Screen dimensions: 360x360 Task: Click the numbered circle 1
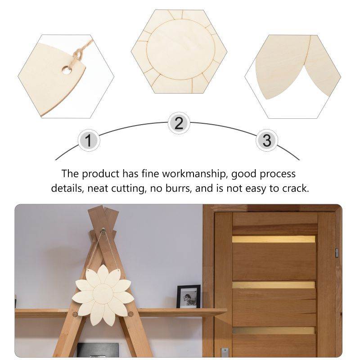[x=89, y=140]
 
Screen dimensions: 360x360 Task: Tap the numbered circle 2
[x=179, y=123]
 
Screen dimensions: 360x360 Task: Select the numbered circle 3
[x=266, y=140]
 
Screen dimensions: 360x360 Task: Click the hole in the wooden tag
[x=66, y=70]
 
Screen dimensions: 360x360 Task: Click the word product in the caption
[x=100, y=174]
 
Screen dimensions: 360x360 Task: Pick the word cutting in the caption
[x=129, y=189]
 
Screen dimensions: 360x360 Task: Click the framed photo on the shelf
[x=188, y=297]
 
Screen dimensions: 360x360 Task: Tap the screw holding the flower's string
[x=103, y=229]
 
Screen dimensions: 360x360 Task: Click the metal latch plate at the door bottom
[x=224, y=353]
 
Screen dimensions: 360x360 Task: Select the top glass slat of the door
[x=274, y=239]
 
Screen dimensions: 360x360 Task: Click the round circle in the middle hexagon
[x=181, y=49]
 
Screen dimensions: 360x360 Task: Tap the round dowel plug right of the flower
[x=130, y=314]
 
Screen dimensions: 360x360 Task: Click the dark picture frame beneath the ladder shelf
[x=98, y=350]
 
